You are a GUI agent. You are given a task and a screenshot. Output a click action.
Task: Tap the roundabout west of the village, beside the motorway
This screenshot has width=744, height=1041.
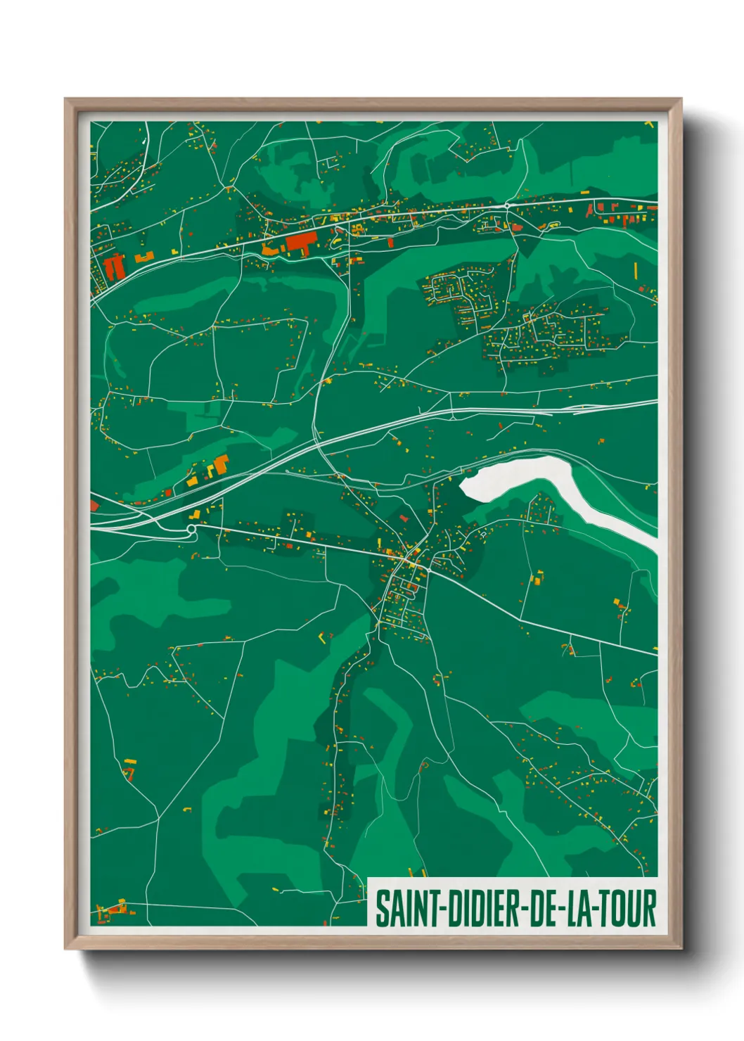tap(191, 528)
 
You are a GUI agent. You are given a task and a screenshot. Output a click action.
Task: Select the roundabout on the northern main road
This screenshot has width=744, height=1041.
tap(507, 205)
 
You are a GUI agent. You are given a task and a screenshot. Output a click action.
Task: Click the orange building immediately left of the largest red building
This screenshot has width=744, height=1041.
tap(269, 248)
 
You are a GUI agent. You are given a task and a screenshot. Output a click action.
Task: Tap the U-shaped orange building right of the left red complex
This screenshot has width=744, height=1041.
tap(144, 257)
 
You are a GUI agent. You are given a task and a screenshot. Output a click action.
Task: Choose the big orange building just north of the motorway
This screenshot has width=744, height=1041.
tap(221, 464)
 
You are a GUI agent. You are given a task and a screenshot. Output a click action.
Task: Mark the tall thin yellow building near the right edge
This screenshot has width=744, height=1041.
tap(635, 270)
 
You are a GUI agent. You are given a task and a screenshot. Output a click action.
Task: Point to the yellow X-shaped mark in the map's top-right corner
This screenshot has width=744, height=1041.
tap(649, 124)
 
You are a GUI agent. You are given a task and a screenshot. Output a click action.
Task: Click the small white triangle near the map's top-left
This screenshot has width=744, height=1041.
tap(144, 141)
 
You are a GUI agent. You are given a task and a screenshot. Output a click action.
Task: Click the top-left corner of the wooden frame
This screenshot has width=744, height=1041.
tap(66, 100)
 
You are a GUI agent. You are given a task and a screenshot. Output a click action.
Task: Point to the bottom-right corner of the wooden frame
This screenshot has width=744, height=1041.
tap(680, 947)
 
